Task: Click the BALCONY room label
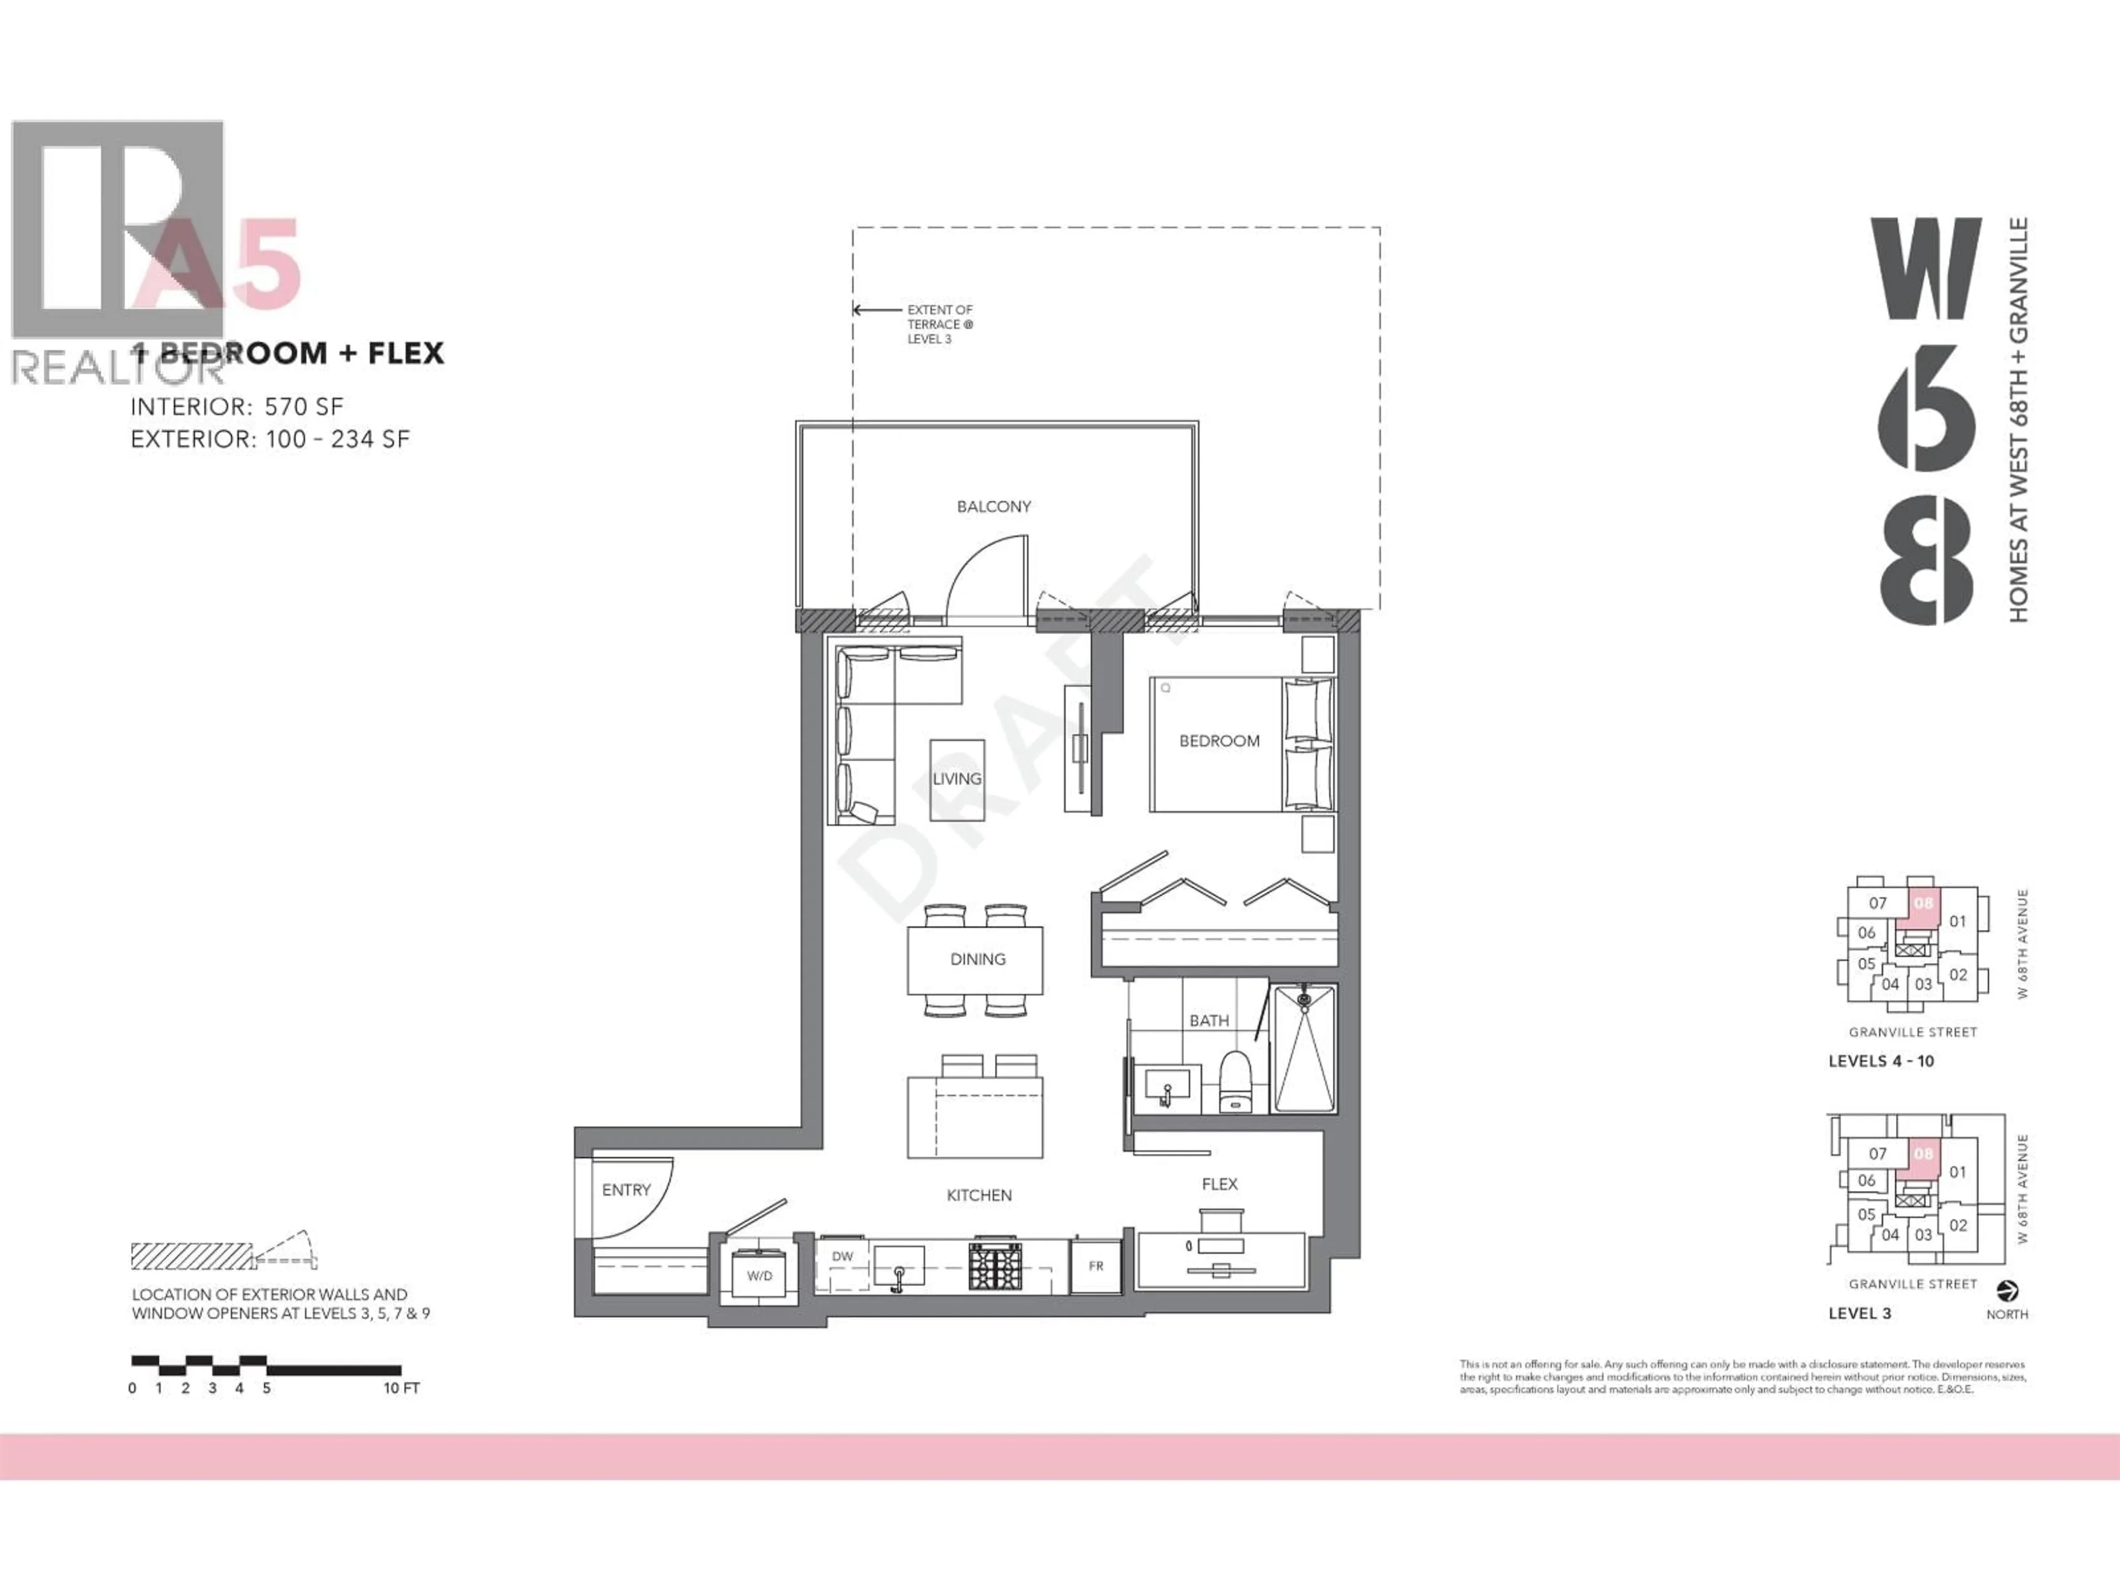tap(994, 506)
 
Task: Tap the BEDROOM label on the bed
tap(1219, 741)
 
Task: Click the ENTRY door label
tap(626, 1189)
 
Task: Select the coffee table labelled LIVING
tap(957, 779)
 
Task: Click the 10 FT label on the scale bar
tap(401, 1388)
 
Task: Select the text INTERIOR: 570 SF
tap(237, 406)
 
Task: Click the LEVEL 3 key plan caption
tap(1859, 1313)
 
